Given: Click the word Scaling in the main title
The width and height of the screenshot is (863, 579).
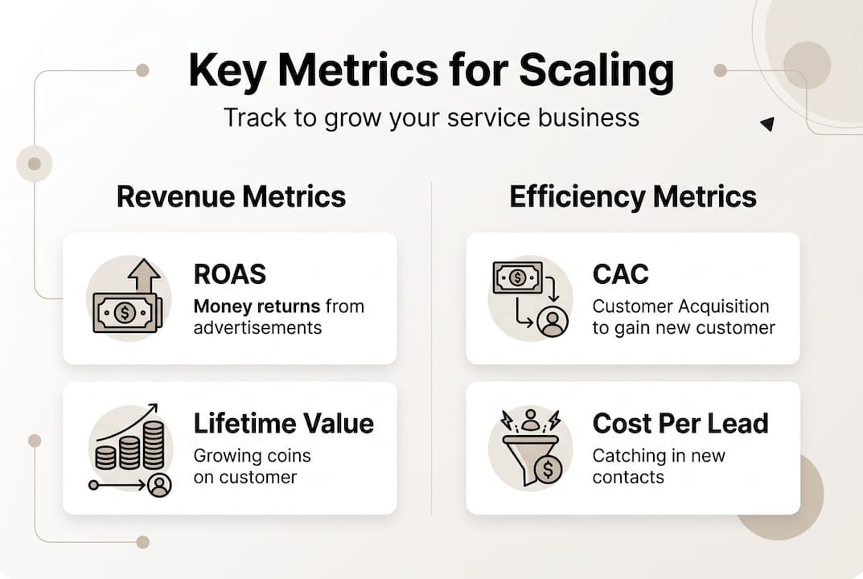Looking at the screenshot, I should click(596, 71).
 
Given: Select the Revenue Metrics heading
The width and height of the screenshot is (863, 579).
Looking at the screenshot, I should click(231, 197).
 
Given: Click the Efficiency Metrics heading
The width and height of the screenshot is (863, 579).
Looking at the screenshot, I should click(633, 197).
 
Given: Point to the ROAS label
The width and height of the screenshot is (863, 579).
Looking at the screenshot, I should click(229, 274).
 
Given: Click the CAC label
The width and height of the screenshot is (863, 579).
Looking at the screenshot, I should click(620, 274).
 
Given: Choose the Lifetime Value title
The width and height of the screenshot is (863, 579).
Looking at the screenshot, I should click(283, 423).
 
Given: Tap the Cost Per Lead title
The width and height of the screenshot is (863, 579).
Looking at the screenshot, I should click(680, 423).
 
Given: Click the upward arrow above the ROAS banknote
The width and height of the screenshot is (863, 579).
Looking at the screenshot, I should click(144, 275).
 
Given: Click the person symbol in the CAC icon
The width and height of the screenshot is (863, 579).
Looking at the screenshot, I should click(553, 322).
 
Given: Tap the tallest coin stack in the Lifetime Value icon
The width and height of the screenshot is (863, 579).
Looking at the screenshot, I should click(153, 444).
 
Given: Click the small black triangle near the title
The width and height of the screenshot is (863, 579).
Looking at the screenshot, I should click(767, 124).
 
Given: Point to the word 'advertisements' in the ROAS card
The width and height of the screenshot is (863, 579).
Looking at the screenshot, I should click(257, 327).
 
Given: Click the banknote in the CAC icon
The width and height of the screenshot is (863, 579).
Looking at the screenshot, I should click(517, 278).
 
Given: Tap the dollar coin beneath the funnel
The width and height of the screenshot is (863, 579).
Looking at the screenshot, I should click(548, 469).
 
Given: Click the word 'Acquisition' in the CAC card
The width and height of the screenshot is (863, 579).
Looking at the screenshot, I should click(724, 306).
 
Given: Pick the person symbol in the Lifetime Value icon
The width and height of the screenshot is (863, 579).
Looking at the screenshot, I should click(160, 485).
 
